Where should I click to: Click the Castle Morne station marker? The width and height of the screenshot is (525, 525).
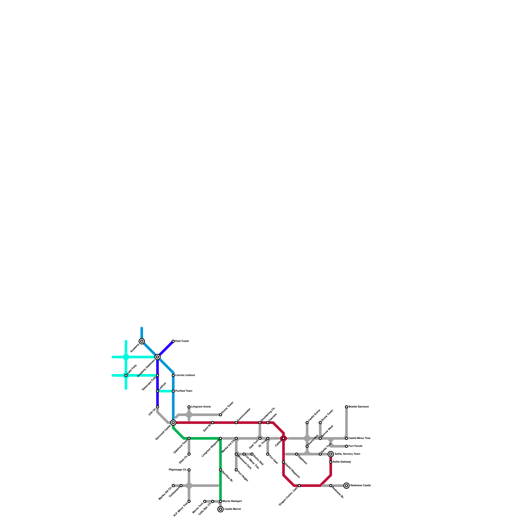[x=220, y=509]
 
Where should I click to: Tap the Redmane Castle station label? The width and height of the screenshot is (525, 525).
[x=360, y=486]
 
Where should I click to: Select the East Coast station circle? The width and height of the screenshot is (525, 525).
[x=173, y=341]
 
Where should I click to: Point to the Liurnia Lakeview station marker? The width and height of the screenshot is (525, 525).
[x=173, y=375]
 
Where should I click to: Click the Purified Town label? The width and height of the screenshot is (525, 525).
[x=184, y=391]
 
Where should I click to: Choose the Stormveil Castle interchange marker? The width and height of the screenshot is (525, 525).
[x=173, y=423]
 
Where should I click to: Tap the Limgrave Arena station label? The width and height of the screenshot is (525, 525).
[x=201, y=407]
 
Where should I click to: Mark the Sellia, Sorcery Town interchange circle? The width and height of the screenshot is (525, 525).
[x=331, y=454]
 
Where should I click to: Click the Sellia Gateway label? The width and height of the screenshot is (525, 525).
[x=342, y=462]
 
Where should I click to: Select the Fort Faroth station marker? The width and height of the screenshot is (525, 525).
[x=346, y=446]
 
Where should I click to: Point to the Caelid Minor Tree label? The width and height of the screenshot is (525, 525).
[x=359, y=438]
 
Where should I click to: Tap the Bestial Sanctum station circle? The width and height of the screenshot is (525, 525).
[x=346, y=407]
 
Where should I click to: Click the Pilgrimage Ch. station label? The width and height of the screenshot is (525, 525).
[x=178, y=470]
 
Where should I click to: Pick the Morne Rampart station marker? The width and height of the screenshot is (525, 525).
[x=220, y=501]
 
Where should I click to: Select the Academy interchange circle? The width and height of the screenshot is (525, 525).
[x=142, y=341]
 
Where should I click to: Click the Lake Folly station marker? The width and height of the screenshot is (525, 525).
[x=126, y=375]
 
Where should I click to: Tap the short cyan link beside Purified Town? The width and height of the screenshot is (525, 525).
[x=165, y=391]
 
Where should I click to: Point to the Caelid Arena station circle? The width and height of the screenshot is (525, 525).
[x=307, y=423]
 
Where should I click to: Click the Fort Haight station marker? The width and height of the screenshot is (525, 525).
[x=236, y=470]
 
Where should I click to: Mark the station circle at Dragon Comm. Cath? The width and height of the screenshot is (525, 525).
[x=299, y=486]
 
